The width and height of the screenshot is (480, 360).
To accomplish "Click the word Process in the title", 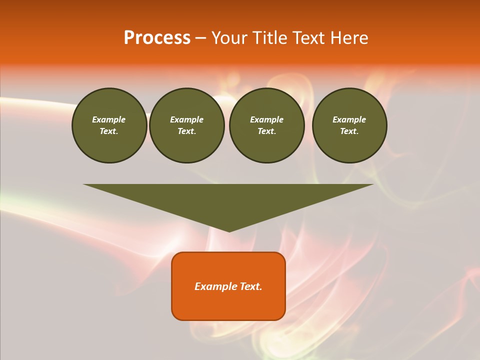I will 157,38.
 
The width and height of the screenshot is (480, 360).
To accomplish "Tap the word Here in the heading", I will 349,38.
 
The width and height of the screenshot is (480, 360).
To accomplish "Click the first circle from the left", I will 109,125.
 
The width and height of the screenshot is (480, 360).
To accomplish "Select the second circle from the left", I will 186,125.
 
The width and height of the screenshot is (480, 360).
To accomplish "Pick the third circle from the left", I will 266,125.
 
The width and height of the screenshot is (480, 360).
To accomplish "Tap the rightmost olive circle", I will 349,125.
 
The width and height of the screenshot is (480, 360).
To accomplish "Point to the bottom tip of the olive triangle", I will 229,231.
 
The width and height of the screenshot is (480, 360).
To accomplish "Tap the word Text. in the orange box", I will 250,286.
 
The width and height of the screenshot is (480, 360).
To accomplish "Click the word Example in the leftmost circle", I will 109,119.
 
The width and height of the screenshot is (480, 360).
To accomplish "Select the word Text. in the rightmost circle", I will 349,131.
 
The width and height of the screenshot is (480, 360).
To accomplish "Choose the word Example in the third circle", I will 266,119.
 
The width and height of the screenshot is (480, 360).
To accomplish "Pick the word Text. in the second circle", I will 186,131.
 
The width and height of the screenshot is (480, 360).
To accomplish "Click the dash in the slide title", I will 200,38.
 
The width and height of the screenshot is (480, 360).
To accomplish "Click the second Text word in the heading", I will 309,38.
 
